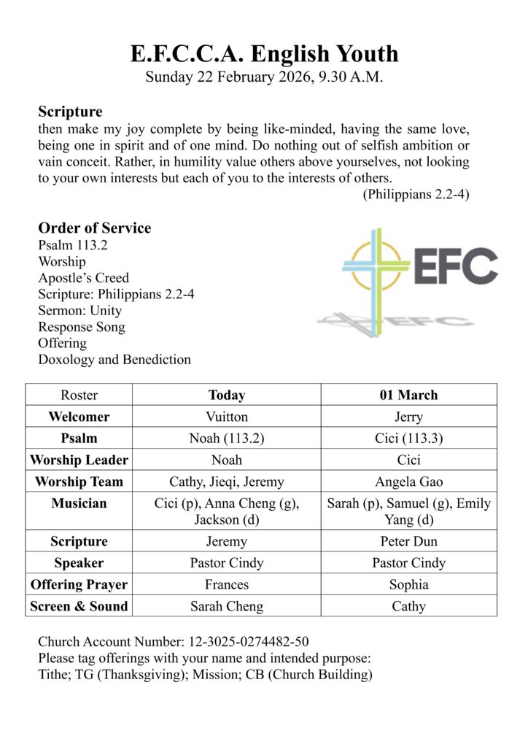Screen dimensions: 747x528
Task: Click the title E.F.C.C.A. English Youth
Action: click(264, 53)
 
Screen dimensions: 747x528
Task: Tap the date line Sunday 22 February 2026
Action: click(264, 77)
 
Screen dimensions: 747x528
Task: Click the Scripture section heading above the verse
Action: click(70, 112)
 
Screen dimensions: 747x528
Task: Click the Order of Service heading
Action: click(94, 228)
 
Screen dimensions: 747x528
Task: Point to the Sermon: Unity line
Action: click(80, 311)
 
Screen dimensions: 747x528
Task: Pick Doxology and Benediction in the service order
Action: click(114, 360)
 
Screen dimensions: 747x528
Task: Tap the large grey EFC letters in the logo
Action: click(457, 266)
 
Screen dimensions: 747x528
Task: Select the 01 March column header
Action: click(408, 395)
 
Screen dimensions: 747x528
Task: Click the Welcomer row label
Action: click(79, 417)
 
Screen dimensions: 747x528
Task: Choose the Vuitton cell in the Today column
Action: click(226, 417)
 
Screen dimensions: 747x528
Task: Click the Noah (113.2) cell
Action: click(226, 438)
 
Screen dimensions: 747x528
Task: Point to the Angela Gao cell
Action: click(408, 481)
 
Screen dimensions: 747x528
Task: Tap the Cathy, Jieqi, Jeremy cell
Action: click(226, 481)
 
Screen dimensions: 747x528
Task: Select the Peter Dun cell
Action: click(408, 541)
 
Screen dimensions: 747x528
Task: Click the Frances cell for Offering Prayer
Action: click(226, 584)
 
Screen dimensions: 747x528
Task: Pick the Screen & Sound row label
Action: click(79, 605)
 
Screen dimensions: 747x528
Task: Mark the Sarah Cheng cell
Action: click(226, 605)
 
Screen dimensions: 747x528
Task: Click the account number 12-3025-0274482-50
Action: click(248, 642)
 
